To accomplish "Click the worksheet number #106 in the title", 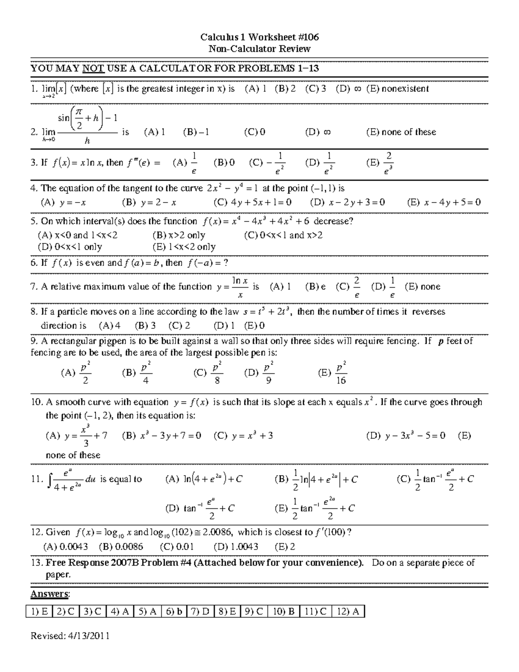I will (x=308, y=37).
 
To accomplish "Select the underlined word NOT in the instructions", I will (x=93, y=68).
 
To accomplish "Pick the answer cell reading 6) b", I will (x=174, y=611).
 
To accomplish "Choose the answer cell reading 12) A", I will (x=348, y=611).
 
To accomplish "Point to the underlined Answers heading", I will (x=50, y=594).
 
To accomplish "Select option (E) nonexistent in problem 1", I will (x=397, y=89).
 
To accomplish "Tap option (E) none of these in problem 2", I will (x=401, y=132).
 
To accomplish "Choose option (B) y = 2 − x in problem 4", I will (x=149, y=203).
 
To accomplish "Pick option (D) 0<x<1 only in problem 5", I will (x=70, y=247).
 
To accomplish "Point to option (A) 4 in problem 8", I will (x=110, y=326).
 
